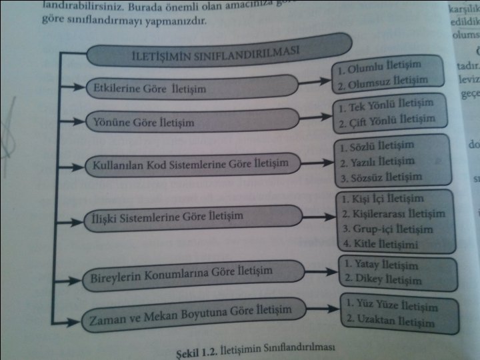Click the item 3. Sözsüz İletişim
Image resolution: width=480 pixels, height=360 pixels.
[x=382, y=177]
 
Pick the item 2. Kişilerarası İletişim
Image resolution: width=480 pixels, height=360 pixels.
[x=393, y=214]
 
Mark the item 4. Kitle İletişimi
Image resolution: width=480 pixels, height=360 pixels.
[x=384, y=243]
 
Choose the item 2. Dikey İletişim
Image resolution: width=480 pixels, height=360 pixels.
[x=384, y=278]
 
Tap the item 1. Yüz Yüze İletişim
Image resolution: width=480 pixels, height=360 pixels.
[x=393, y=307]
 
